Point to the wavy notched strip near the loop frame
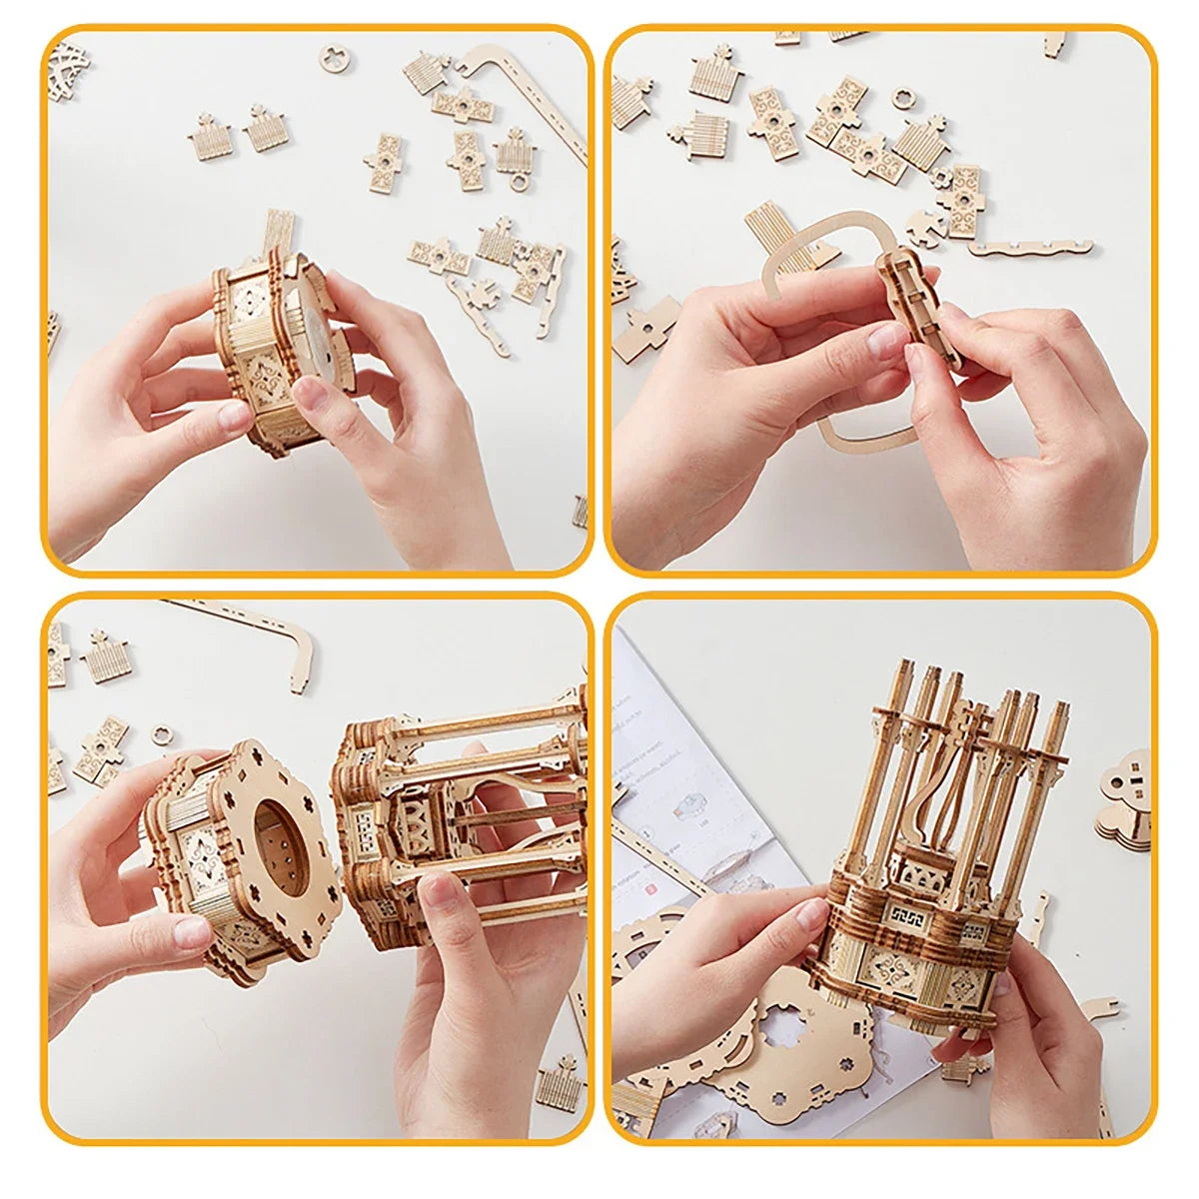[x=1029, y=247]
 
